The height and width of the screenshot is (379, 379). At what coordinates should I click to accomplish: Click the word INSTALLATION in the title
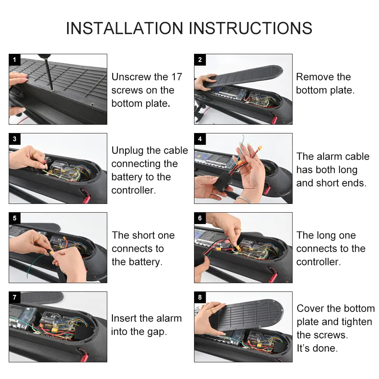click(125, 28)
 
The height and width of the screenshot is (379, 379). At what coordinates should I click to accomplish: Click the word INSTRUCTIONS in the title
click(251, 28)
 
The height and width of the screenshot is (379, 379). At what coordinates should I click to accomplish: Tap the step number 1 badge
click(14, 60)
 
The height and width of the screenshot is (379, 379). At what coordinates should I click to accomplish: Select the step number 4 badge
click(200, 139)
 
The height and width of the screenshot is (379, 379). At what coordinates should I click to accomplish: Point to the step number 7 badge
click(14, 297)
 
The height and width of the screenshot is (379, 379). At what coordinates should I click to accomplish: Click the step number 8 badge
click(200, 297)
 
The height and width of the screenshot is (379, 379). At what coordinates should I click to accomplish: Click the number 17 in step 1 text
click(176, 77)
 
